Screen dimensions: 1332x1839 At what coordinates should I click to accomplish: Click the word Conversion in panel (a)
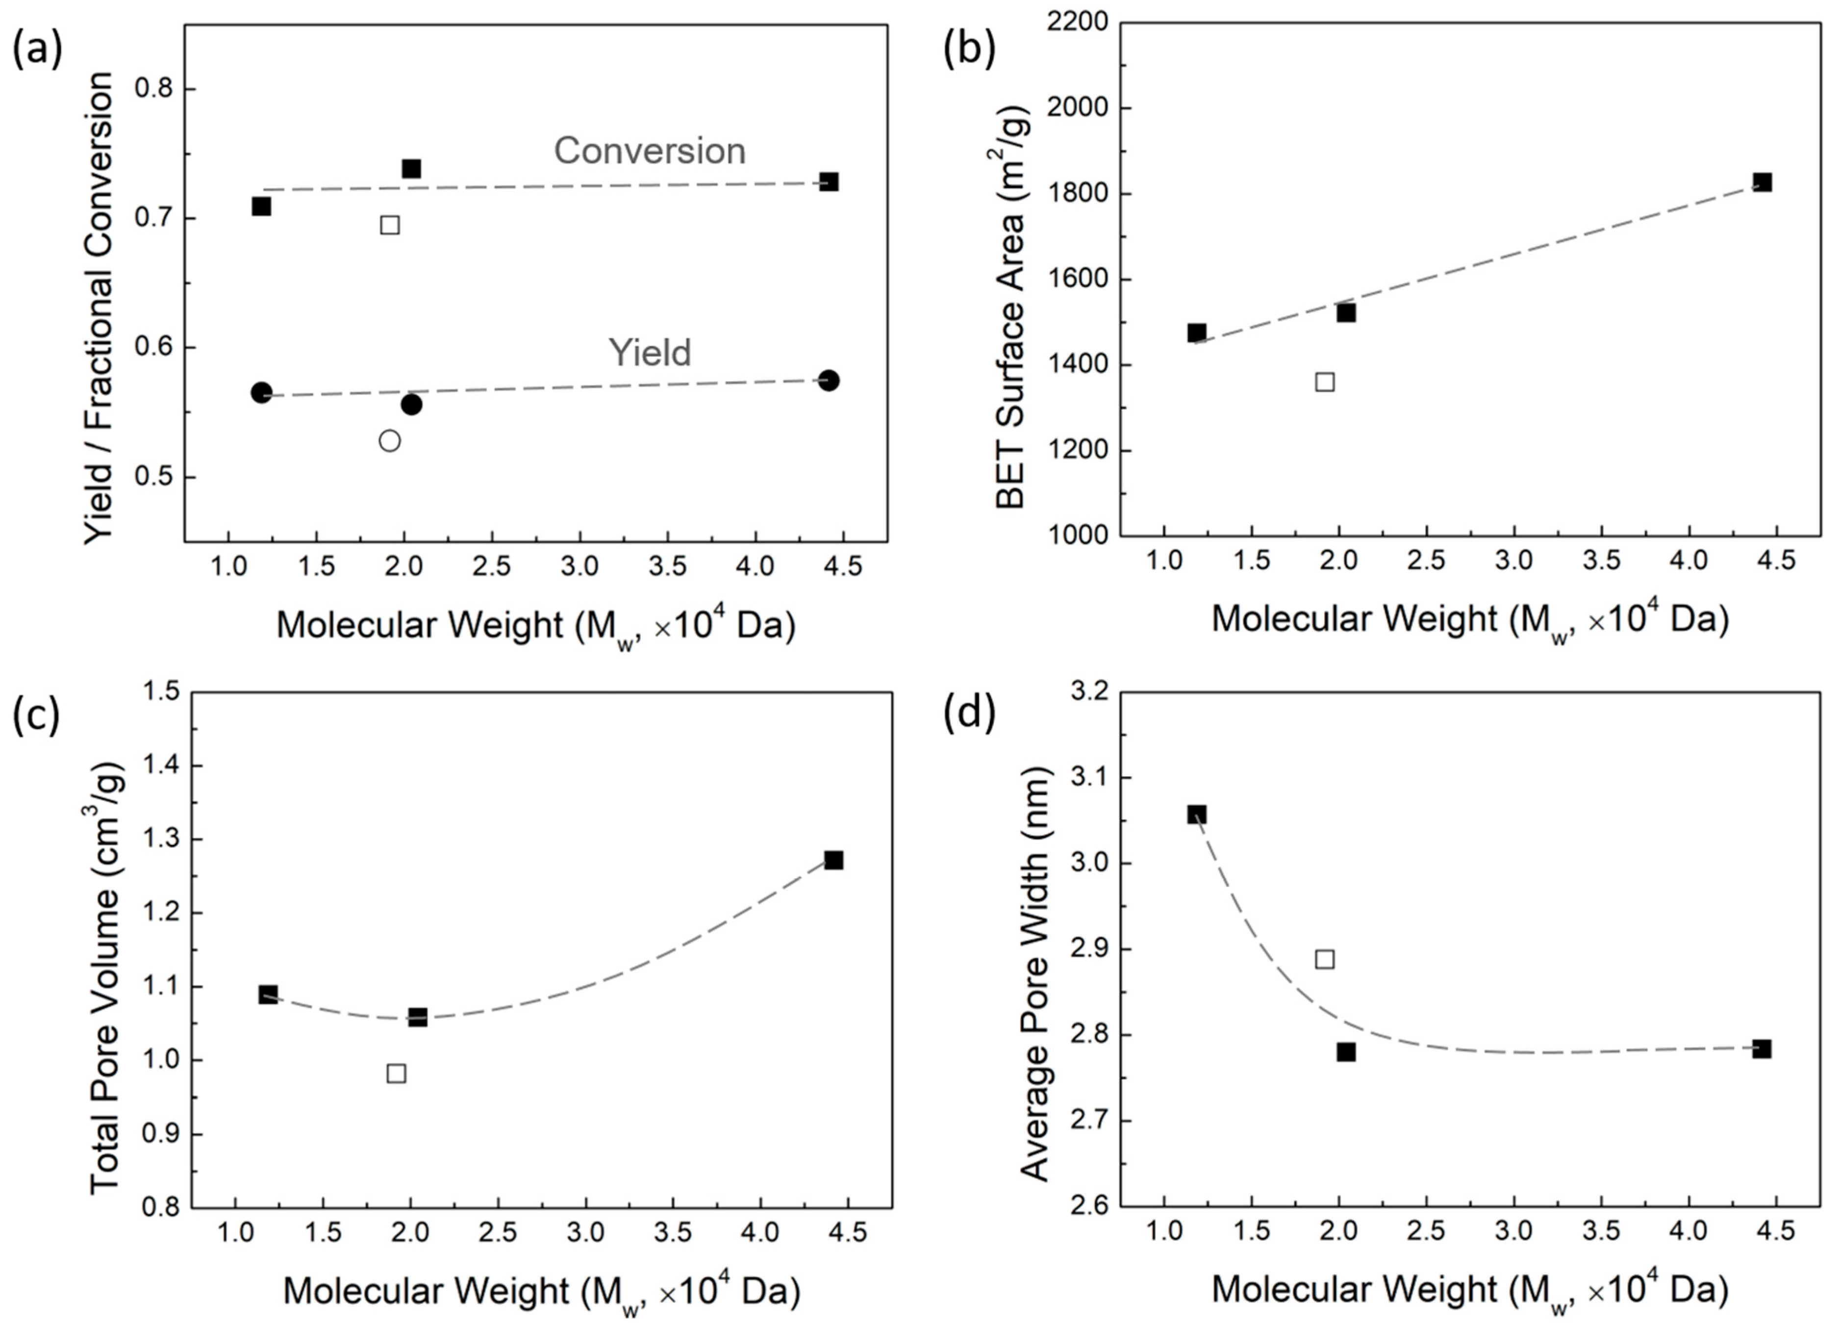coord(650,152)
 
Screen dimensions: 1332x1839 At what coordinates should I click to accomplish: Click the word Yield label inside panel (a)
coord(650,353)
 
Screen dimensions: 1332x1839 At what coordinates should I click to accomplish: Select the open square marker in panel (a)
coord(390,225)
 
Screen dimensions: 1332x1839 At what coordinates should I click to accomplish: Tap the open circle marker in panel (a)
coord(390,441)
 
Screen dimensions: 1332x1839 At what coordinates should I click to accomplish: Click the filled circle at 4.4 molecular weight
coord(828,380)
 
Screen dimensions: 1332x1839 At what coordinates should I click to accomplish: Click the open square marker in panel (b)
coord(1325,381)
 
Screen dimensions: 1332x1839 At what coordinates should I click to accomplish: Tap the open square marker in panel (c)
coord(397,1073)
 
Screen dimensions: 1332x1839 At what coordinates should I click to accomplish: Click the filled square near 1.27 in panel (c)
coord(833,860)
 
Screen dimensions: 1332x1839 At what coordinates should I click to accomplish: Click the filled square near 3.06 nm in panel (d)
coord(1197,814)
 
